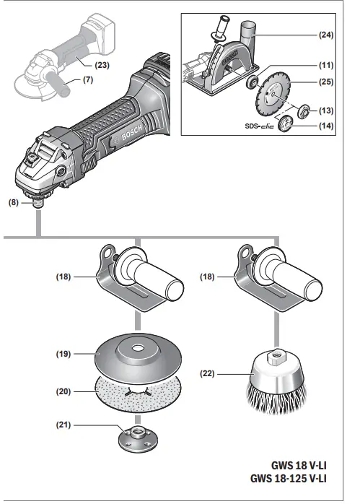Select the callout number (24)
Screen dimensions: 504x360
pos(327,34)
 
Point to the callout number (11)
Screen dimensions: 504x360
pos(327,64)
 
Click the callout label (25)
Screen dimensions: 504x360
pos(327,83)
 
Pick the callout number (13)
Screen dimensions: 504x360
pos(327,110)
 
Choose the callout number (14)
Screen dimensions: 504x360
pos(327,125)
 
